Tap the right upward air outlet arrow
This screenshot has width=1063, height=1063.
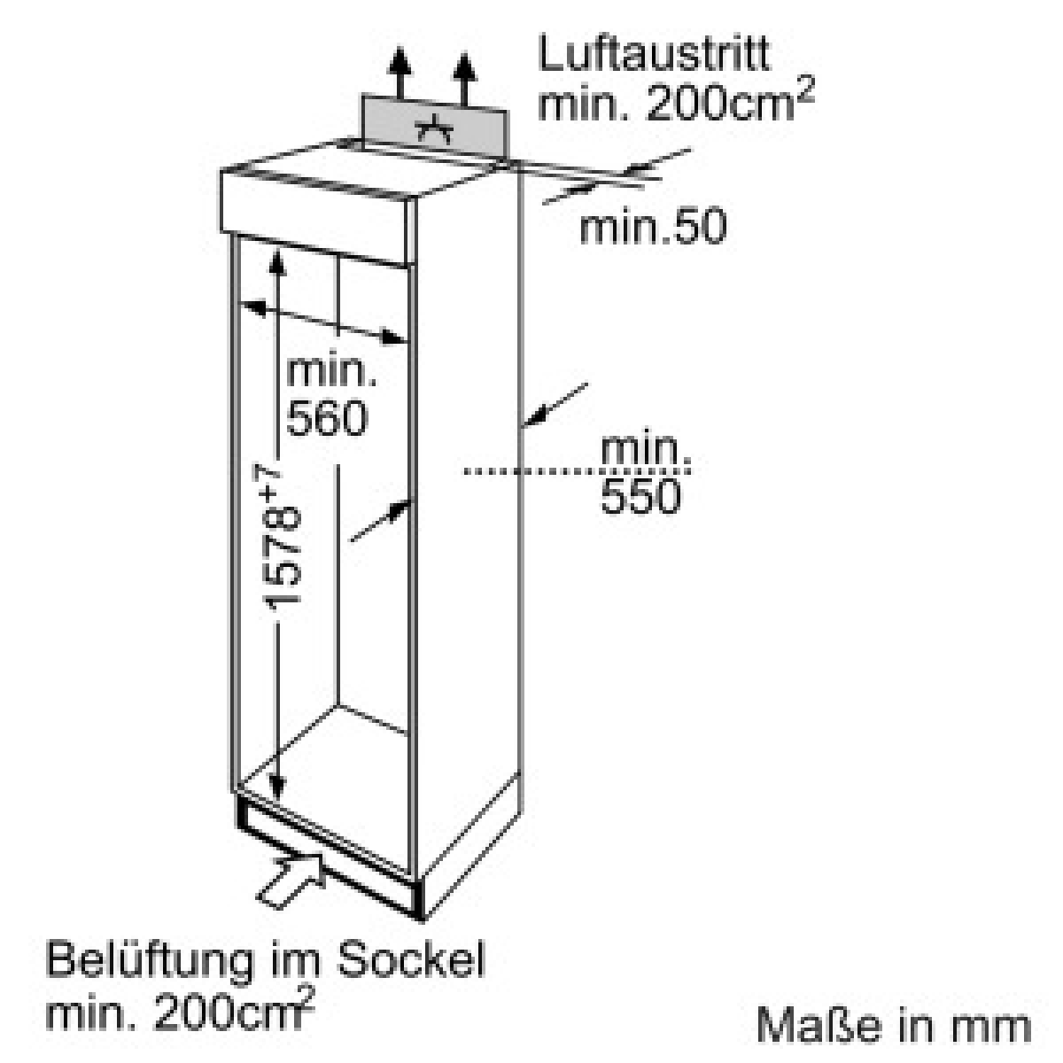click(x=465, y=79)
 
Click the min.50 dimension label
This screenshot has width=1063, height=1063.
click(x=653, y=226)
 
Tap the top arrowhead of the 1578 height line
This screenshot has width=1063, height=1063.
click(x=277, y=261)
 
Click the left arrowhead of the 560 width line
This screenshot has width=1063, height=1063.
click(x=252, y=307)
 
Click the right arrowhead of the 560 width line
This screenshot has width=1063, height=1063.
click(x=395, y=338)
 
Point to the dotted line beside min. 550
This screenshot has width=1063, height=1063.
click(x=577, y=471)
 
